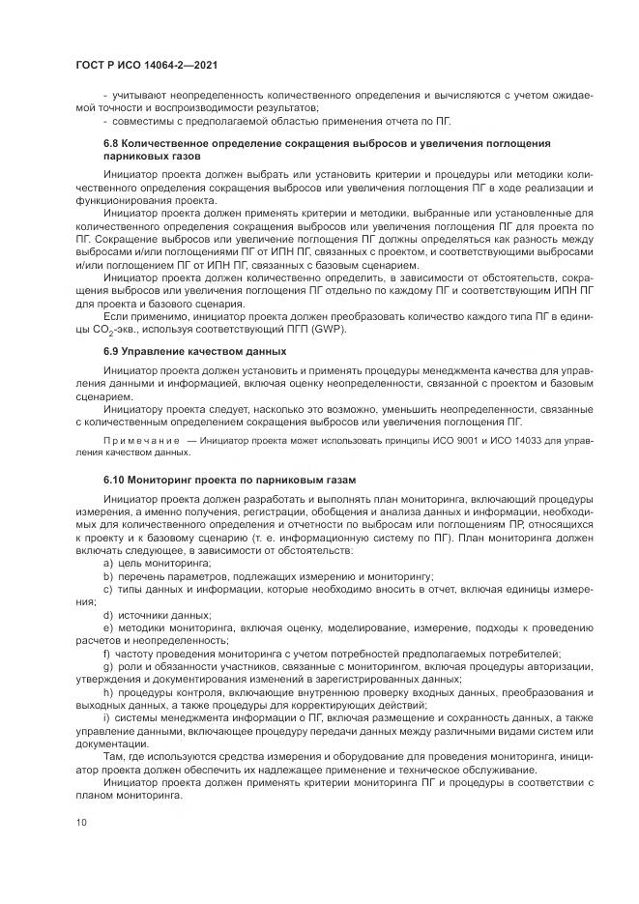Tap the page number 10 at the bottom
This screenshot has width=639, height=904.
pos(81,822)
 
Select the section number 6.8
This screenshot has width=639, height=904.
pos(111,143)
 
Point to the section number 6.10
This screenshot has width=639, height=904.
pos(114,480)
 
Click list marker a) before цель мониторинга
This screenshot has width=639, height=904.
pos(107,563)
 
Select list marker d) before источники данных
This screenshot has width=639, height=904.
pos(107,614)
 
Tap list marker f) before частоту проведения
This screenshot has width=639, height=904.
pos(106,653)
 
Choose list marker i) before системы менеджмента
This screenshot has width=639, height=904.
pos(106,716)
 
